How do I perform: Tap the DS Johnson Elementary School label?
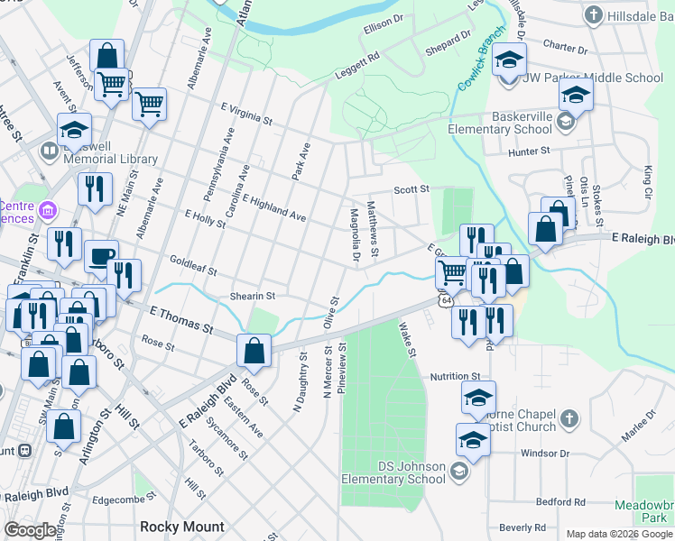coord(394,472)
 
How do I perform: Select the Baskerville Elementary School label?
coord(509,123)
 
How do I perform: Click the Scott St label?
coord(411,189)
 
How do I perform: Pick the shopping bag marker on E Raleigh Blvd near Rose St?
coord(255,350)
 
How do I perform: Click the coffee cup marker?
coord(101,255)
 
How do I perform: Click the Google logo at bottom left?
coord(31,530)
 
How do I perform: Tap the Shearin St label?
coord(251,295)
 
